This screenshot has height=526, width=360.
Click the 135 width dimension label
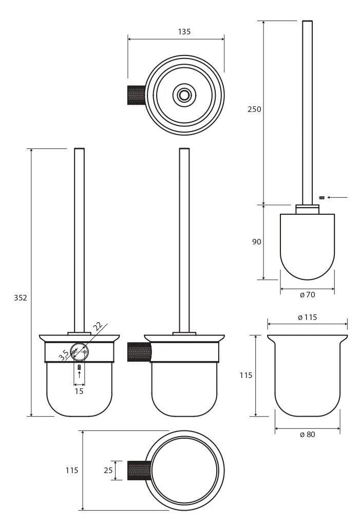pyautogui.click(x=184, y=31)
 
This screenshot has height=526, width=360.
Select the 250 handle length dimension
pyautogui.click(x=254, y=109)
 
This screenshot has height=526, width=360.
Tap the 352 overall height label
pyautogui.click(x=20, y=297)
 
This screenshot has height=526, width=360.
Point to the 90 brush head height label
pyautogui.click(x=257, y=241)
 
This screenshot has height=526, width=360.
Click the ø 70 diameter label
pyautogui.click(x=307, y=294)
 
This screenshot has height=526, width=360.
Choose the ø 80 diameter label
pyautogui.click(x=307, y=435)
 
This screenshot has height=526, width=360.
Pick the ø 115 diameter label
pyautogui.click(x=307, y=317)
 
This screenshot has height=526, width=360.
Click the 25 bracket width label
pyautogui.click(x=108, y=471)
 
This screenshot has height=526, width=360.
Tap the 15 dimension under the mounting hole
pyautogui.click(x=79, y=391)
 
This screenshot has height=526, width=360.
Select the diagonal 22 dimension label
pyautogui.click(x=98, y=327)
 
